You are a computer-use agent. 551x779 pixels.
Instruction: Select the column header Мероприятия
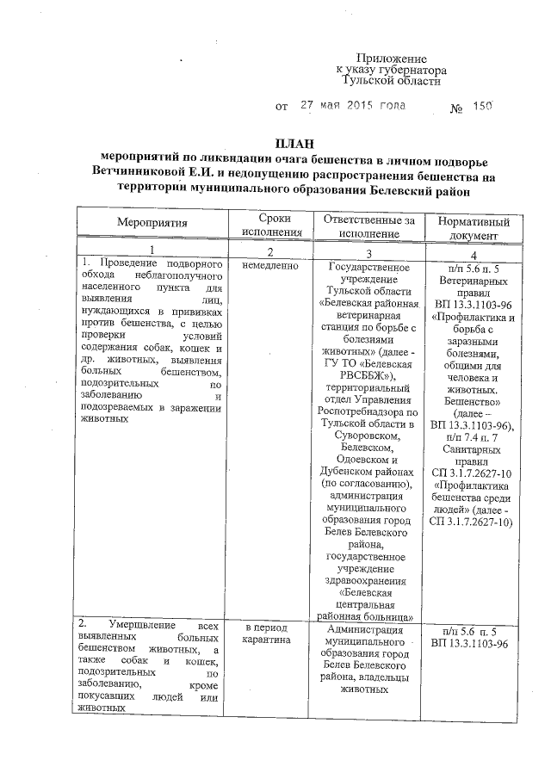tap(152, 223)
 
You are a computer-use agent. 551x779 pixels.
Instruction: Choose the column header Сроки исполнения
tap(272, 226)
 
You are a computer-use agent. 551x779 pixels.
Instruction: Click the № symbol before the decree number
tap(457, 108)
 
